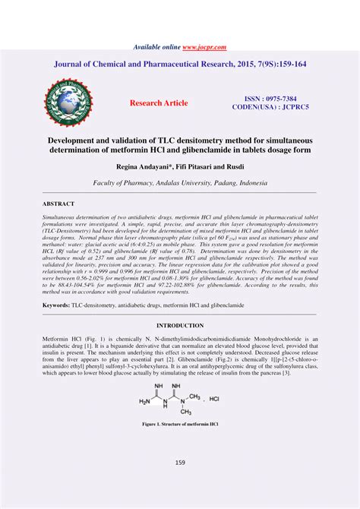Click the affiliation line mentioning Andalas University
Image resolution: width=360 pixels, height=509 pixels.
click(x=180, y=183)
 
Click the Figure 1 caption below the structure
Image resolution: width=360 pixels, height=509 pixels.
click(x=180, y=425)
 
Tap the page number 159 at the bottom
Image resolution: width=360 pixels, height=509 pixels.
click(x=180, y=462)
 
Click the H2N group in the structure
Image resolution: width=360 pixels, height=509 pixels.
click(x=145, y=400)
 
